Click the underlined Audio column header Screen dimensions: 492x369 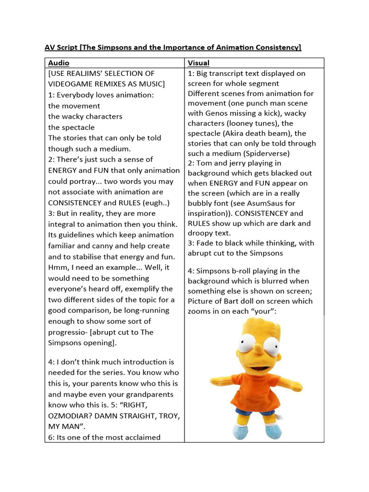click(x=59, y=63)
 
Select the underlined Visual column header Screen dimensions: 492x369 click(x=198, y=63)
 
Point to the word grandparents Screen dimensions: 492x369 click(x=155, y=394)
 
